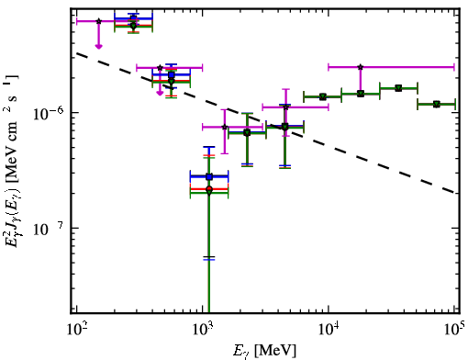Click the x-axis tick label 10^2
coord(77,330)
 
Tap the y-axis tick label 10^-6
coord(49,113)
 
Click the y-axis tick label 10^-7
coord(49,230)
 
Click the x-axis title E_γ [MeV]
coord(264,351)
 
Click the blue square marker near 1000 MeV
coord(209,176)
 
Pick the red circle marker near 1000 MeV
coord(209,189)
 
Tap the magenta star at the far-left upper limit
coord(98,21)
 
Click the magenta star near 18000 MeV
coord(361,67)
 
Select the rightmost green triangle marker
coord(437,105)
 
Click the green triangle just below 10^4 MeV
coord(323,96)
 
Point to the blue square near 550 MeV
coord(172,74)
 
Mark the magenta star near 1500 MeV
coord(225,127)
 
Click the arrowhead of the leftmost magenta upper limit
coord(98,46)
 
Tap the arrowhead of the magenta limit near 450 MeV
coord(160,93)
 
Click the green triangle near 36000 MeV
coord(398,88)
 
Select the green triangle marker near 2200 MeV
coord(247,133)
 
